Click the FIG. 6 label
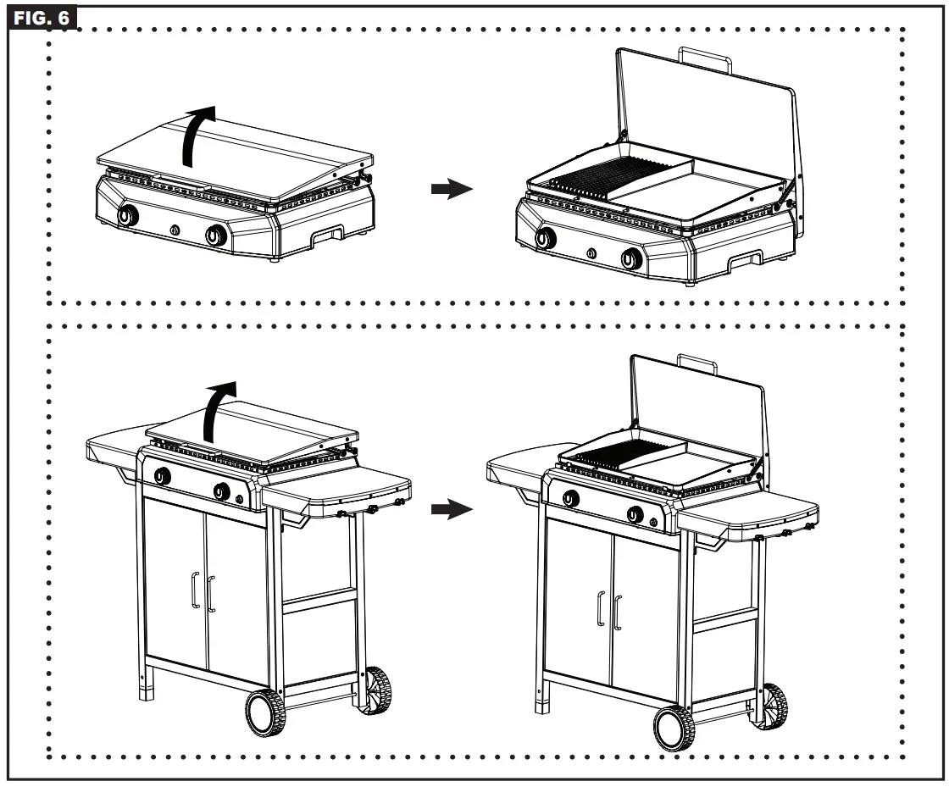coord(43,16)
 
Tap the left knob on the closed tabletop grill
coord(127,216)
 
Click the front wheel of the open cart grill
coord(674,728)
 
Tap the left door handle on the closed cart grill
coord(194,590)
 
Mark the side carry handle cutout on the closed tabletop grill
coord(326,237)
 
